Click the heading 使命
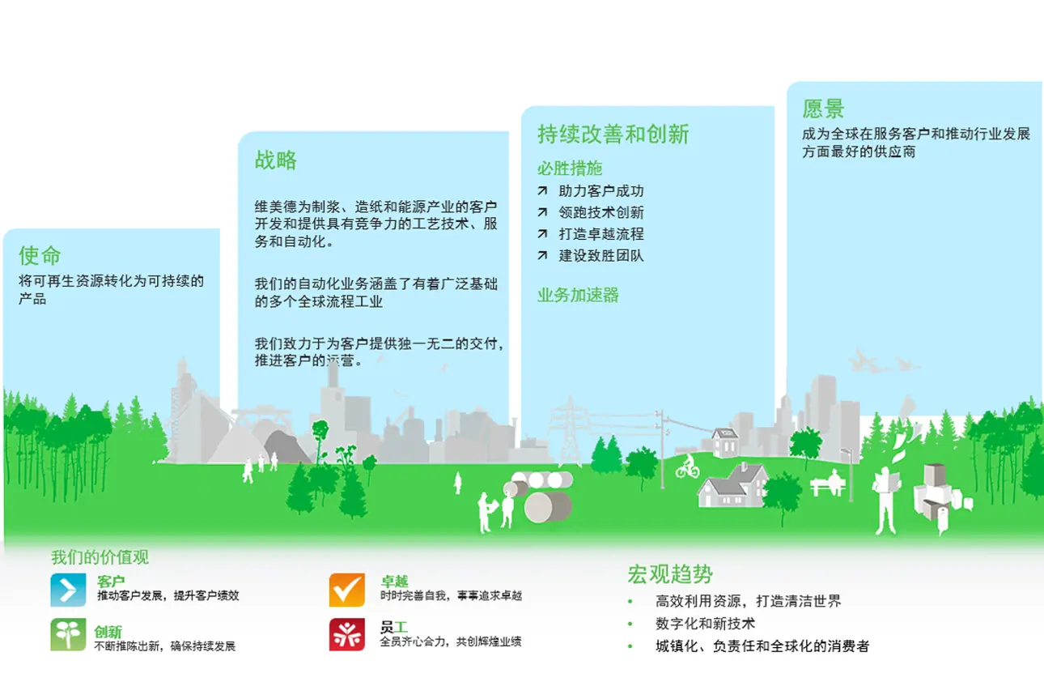40,256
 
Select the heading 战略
275,160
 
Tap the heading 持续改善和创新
613,134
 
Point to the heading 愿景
823,109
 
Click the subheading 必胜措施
570,168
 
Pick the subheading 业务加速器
578,295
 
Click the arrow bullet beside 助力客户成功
542,190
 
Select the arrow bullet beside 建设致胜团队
542,255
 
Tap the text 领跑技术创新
601,213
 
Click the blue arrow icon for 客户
68,590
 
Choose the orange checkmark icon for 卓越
346,590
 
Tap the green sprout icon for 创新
68,634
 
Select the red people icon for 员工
346,634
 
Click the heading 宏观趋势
670,574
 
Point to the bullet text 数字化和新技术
705,624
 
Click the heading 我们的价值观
100,557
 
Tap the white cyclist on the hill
687,467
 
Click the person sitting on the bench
834,480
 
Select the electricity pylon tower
569,432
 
